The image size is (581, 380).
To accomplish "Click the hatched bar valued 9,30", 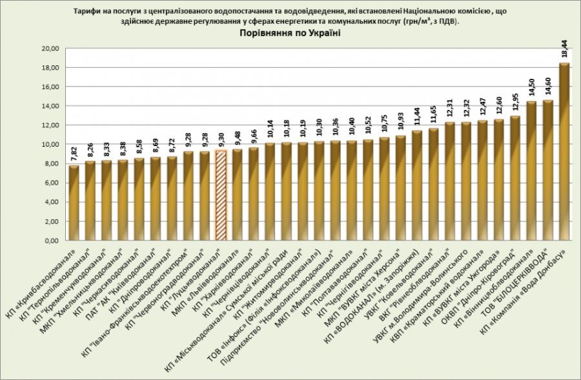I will (x=221, y=194).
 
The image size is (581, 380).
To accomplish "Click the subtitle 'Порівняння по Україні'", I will (x=285, y=33).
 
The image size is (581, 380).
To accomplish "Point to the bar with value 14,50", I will (x=531, y=171).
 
